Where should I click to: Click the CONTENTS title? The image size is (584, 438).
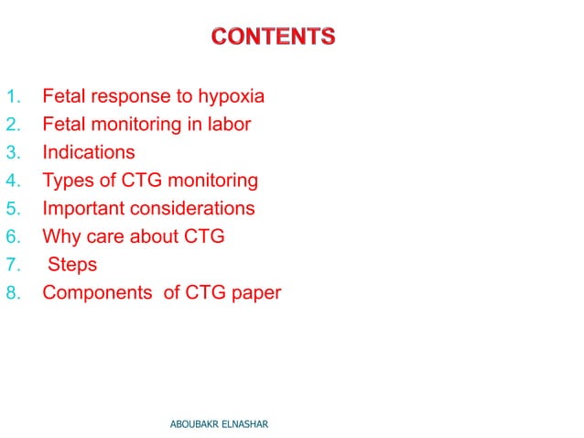[x=273, y=38]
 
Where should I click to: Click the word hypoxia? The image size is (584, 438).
[x=233, y=96]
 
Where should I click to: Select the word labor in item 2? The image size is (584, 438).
[x=229, y=124]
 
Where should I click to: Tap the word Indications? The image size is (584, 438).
[x=89, y=152]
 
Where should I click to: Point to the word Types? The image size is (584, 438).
[x=68, y=181]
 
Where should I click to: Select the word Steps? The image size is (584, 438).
[x=72, y=265]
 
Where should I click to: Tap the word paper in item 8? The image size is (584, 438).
[x=254, y=293]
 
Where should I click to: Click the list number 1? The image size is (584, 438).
[x=13, y=96]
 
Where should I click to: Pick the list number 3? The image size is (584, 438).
[x=13, y=152]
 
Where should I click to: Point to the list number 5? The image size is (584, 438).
[x=13, y=208]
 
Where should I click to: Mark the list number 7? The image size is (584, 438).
[x=13, y=265]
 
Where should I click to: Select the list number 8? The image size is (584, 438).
[x=13, y=293]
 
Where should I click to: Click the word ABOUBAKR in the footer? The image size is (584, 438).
[x=199, y=424]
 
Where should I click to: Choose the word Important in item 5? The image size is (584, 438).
[x=90, y=208]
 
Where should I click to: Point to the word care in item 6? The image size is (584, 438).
[x=106, y=236]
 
